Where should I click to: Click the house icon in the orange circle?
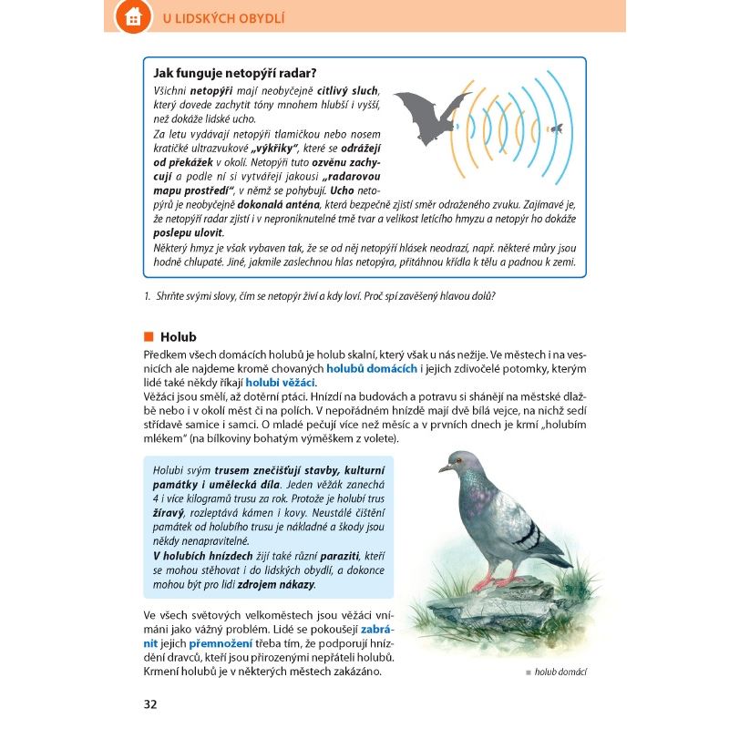(133, 17)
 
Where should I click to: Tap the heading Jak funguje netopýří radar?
(241, 74)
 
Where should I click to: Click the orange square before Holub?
(149, 337)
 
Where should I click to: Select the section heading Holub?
(178, 337)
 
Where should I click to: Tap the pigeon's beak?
(443, 468)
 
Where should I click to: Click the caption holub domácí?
(560, 673)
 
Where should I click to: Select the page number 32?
(150, 703)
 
